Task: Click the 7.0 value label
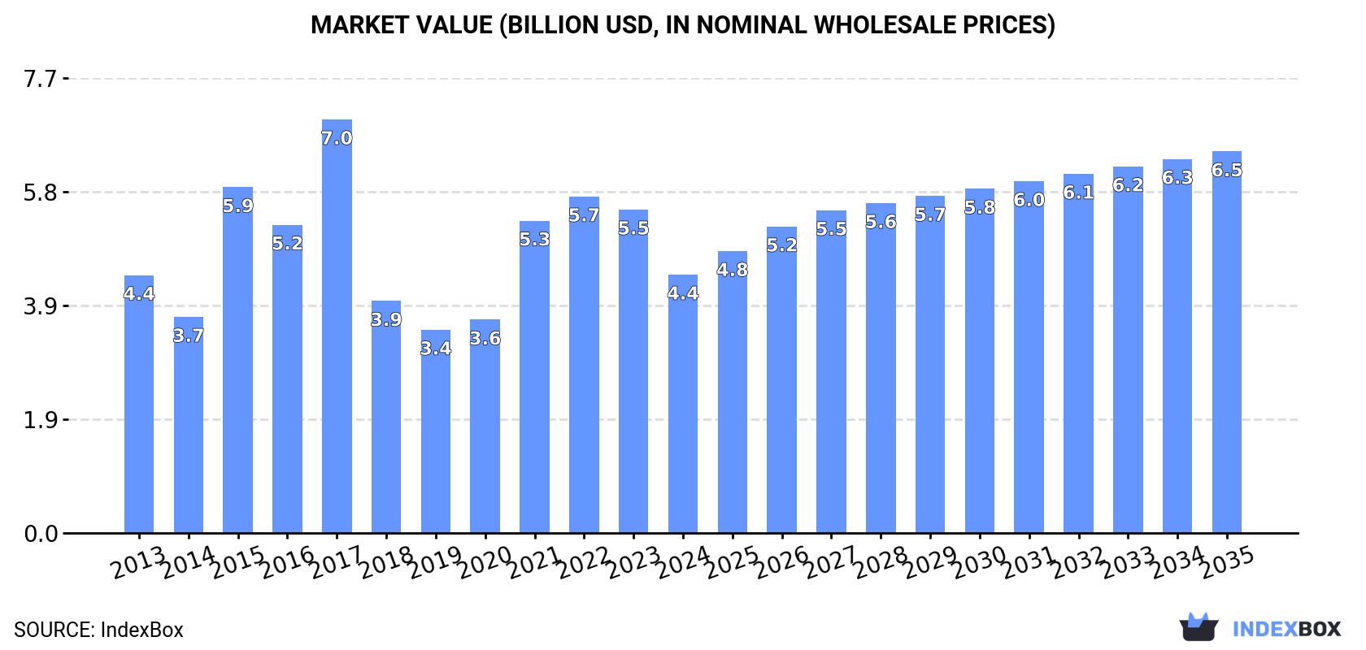pyautogui.click(x=337, y=139)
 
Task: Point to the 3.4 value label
pyautogui.click(x=436, y=349)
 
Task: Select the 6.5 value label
pyautogui.click(x=1226, y=171)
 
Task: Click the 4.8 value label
pyautogui.click(x=732, y=271)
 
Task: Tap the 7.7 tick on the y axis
pyautogui.click(x=41, y=79)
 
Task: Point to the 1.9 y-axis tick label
pyautogui.click(x=41, y=420)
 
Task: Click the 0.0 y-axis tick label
pyautogui.click(x=41, y=534)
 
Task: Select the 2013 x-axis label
pyautogui.click(x=138, y=563)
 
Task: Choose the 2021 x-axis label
pyautogui.click(x=534, y=563)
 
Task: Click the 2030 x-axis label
pyautogui.click(x=979, y=563)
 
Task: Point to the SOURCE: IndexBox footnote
pyautogui.click(x=98, y=630)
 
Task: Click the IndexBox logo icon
pyautogui.click(x=1199, y=627)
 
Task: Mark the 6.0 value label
pyautogui.click(x=1029, y=200)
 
